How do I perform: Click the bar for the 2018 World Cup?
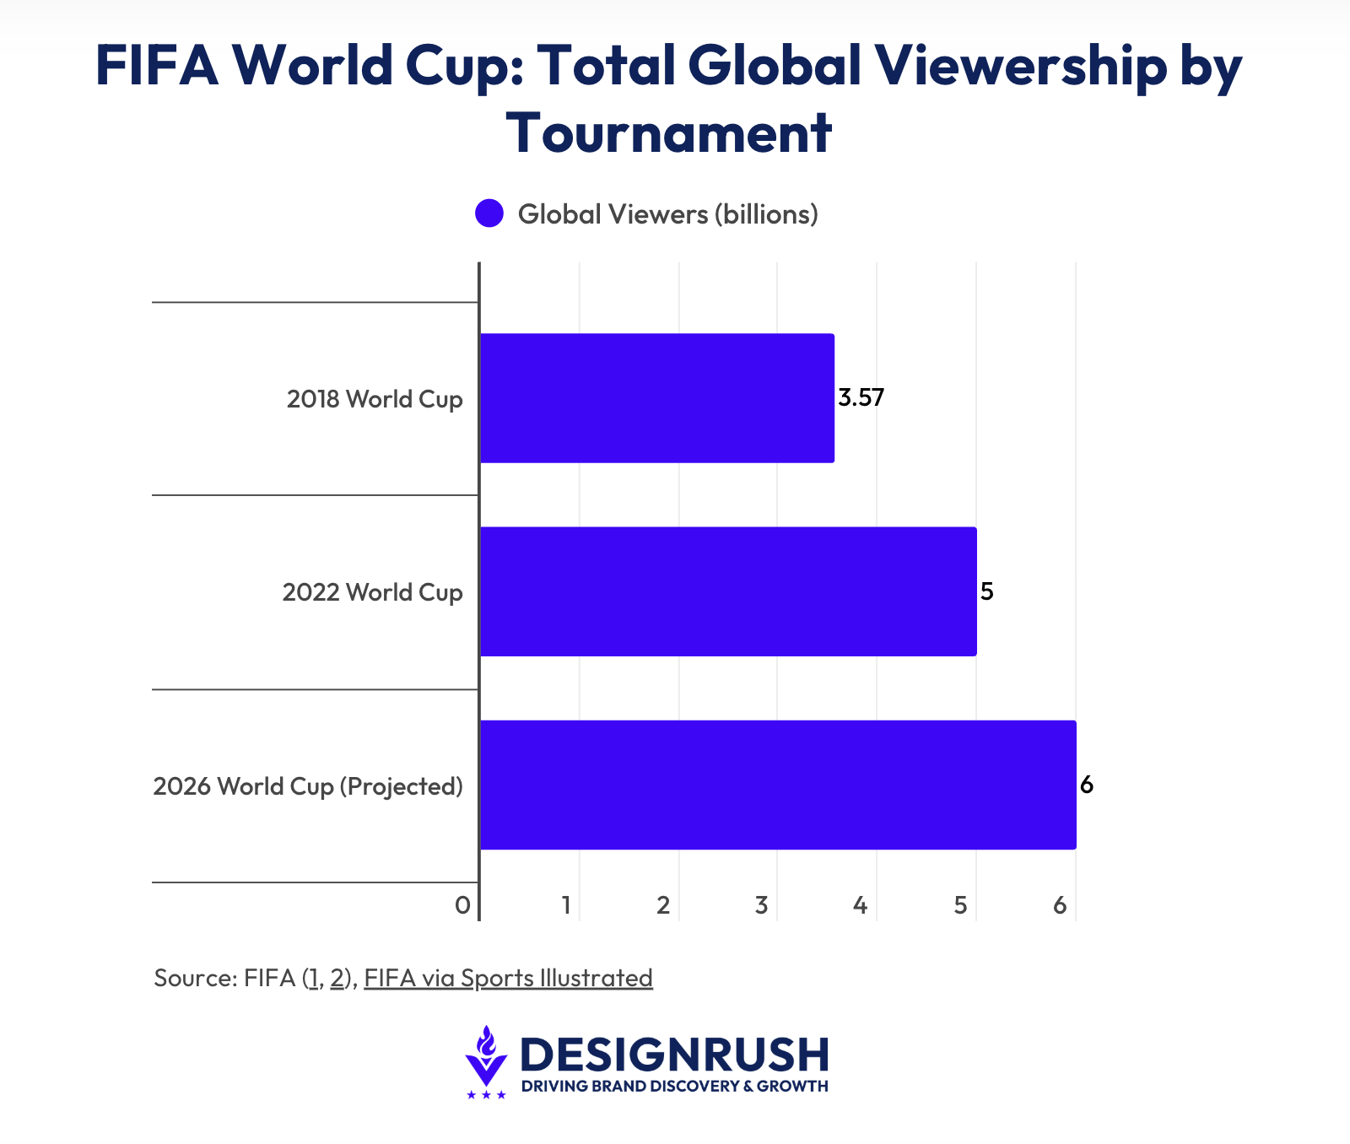656,398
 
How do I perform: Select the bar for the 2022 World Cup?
727,591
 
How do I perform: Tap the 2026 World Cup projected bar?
777,785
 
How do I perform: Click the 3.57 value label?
861,397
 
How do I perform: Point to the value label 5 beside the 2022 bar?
986,591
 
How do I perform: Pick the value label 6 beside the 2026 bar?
1086,785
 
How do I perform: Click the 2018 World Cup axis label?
375,399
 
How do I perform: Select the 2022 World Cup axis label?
372,592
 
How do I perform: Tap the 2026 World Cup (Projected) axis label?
308,786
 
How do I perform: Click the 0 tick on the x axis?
462,906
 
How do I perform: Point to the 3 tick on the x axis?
761,906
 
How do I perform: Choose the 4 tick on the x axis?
860,906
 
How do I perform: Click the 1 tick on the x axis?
567,906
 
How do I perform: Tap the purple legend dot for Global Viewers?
489,213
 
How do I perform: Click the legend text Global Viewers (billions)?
667,214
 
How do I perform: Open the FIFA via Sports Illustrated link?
508,978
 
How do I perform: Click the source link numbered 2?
337,978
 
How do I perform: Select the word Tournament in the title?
669,132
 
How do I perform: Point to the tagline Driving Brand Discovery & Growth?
674,1086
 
